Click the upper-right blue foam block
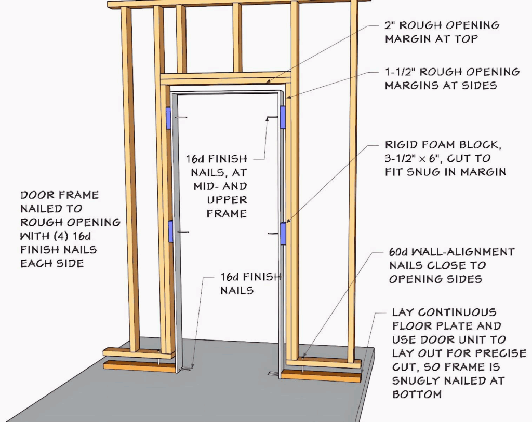click(283, 117)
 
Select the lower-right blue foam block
click(283, 234)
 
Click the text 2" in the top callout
click(390, 25)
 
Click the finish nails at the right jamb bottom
click(272, 372)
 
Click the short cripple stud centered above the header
click(237, 39)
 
